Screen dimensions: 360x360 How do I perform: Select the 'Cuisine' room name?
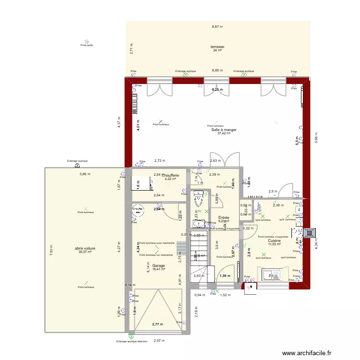(x=275, y=240)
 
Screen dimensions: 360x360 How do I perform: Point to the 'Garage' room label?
(x=158, y=265)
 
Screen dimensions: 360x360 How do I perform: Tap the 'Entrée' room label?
(x=224, y=217)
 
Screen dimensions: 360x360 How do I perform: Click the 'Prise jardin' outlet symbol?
(x=86, y=42)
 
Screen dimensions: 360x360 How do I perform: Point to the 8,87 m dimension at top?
(x=217, y=27)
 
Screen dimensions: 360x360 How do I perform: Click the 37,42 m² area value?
(x=224, y=133)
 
